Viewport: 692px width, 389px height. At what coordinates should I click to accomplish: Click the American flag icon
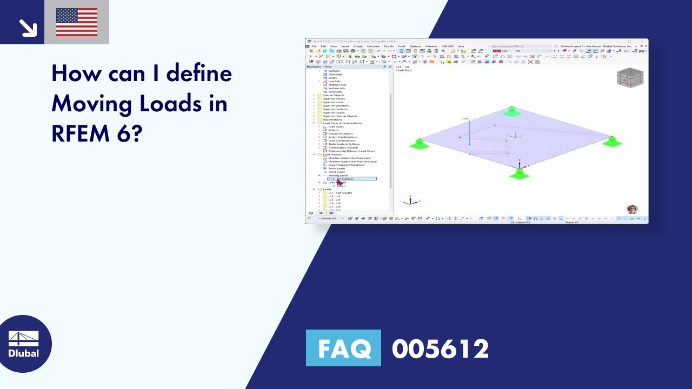77,22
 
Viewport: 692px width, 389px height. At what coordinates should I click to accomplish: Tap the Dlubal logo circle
24,344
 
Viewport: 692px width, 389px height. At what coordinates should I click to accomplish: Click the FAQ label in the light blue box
343,348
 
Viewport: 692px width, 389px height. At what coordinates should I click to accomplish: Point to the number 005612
440,348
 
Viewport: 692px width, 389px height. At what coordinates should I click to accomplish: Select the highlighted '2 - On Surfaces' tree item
351,179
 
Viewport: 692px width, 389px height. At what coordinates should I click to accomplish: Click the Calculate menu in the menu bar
373,46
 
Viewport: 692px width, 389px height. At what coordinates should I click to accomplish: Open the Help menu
461,46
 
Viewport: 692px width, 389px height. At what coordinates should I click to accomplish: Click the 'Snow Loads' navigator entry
336,169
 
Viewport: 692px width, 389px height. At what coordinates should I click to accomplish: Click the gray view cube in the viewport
630,78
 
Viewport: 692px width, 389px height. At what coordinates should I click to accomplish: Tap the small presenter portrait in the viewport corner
632,210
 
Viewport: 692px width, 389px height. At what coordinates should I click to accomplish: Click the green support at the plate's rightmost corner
612,142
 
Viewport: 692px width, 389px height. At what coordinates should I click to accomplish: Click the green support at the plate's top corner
511,111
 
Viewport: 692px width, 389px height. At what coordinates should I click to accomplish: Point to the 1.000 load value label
464,118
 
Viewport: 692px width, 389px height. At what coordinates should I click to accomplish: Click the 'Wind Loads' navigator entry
336,172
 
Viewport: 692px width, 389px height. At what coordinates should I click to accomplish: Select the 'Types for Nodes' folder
334,99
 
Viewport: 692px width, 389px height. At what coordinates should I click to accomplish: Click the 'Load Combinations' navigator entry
342,140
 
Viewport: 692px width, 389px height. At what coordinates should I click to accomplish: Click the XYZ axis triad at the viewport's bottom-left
410,201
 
